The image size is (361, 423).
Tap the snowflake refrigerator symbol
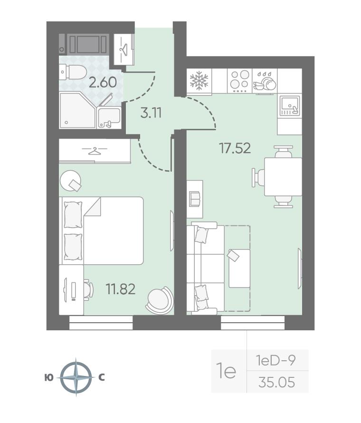tap(199, 80)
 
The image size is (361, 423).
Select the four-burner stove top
tap(240, 81)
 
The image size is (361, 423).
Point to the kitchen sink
tap(290, 106)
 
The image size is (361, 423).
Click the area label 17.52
tap(235, 148)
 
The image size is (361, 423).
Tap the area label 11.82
tap(121, 289)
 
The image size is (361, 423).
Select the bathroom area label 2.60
tap(103, 82)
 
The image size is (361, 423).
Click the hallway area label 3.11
tap(151, 113)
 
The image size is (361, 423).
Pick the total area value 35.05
tap(276, 382)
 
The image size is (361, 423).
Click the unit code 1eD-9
tap(276, 360)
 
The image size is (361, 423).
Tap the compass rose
tap(76, 377)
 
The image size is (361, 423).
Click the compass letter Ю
tap(49, 378)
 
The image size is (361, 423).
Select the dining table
tap(283, 177)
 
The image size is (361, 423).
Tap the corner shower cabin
tap(77, 110)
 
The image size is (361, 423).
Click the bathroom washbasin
tap(109, 117)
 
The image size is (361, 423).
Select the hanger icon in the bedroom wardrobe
tap(95, 151)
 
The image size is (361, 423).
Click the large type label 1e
tap(226, 372)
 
